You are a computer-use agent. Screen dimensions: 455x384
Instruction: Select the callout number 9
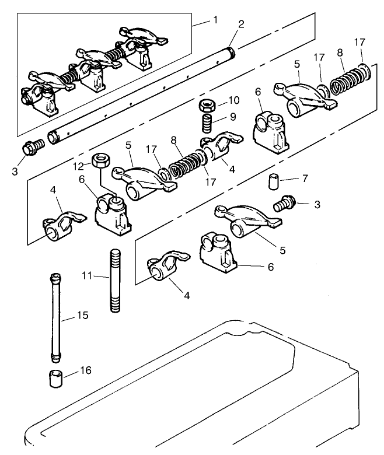pos(233,117)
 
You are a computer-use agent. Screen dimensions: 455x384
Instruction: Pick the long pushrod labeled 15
pos(55,315)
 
